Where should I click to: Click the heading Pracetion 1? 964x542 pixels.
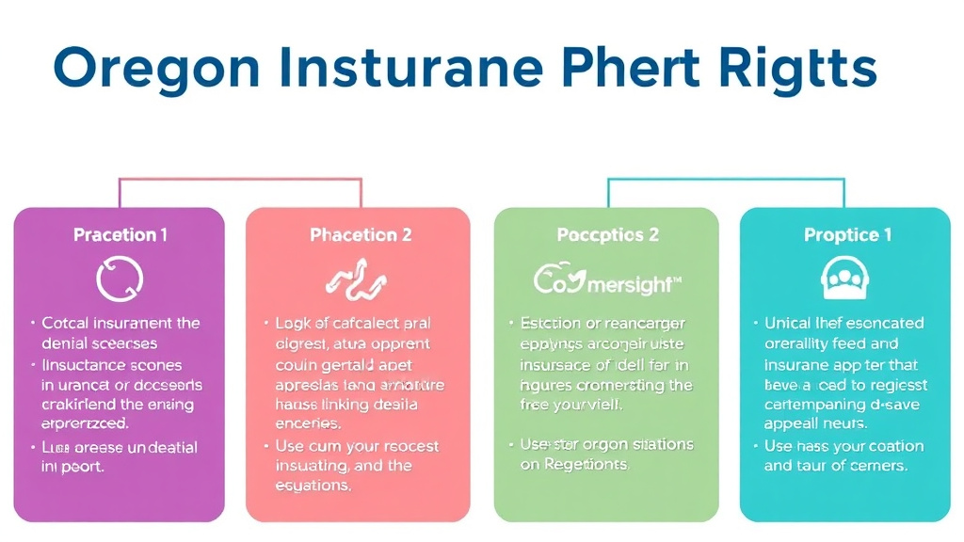point(120,234)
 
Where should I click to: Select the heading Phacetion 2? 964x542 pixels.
point(361,234)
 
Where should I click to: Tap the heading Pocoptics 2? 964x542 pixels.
point(607,234)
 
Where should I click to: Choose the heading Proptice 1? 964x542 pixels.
point(847,234)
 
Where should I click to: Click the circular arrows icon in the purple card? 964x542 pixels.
point(120,279)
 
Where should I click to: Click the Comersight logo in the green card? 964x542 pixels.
point(607,280)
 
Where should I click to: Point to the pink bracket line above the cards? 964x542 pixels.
point(240,179)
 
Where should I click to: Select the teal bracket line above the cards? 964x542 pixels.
point(726,178)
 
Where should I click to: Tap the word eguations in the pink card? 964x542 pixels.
point(313,486)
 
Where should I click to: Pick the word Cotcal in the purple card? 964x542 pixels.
point(66,323)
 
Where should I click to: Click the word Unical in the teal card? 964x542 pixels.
point(789,323)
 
